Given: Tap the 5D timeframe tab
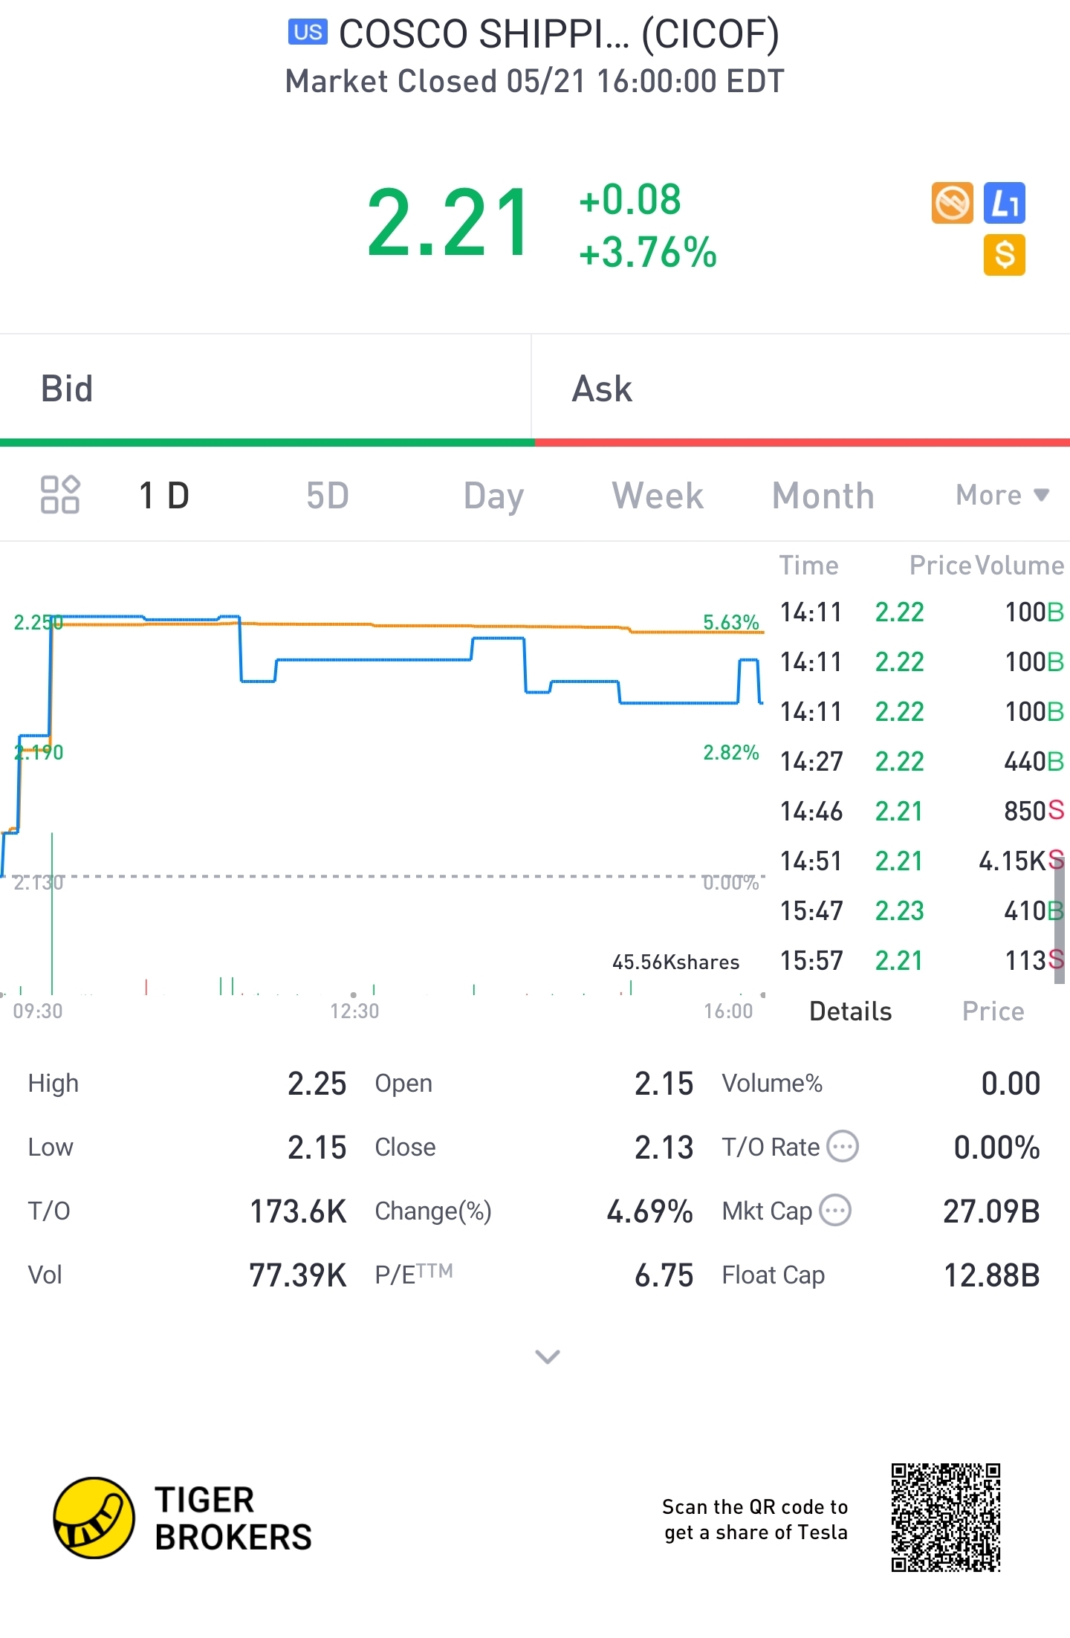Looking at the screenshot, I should pos(328,496).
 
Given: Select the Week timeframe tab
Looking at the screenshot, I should pos(658,496).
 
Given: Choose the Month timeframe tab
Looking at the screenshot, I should pos(823,496).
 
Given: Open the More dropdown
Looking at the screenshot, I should pos(1002,495).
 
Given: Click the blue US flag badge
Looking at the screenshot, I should pos(308,32).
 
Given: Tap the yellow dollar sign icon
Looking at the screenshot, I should pos(1004,255).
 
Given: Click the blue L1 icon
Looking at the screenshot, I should pos(1004,203).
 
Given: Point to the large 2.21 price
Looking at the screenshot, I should pos(449,223).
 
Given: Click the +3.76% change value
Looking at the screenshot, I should pos(648,252).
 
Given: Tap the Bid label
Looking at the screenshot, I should pos(67,389).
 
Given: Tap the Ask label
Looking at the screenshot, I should pos(602,389).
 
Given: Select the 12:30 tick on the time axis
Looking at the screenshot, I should pos(354,1011).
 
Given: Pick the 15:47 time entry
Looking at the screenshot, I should pos(811,911).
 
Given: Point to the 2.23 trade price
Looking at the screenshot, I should pos(899,911).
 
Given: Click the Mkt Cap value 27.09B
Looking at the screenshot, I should pos(991,1211).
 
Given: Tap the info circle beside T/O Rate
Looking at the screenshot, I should pos(843,1147).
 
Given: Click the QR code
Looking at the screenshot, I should pos(946,1518).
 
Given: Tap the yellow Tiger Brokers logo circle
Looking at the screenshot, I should pos(94,1518).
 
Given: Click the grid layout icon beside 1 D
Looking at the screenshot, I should pos(60,495).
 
